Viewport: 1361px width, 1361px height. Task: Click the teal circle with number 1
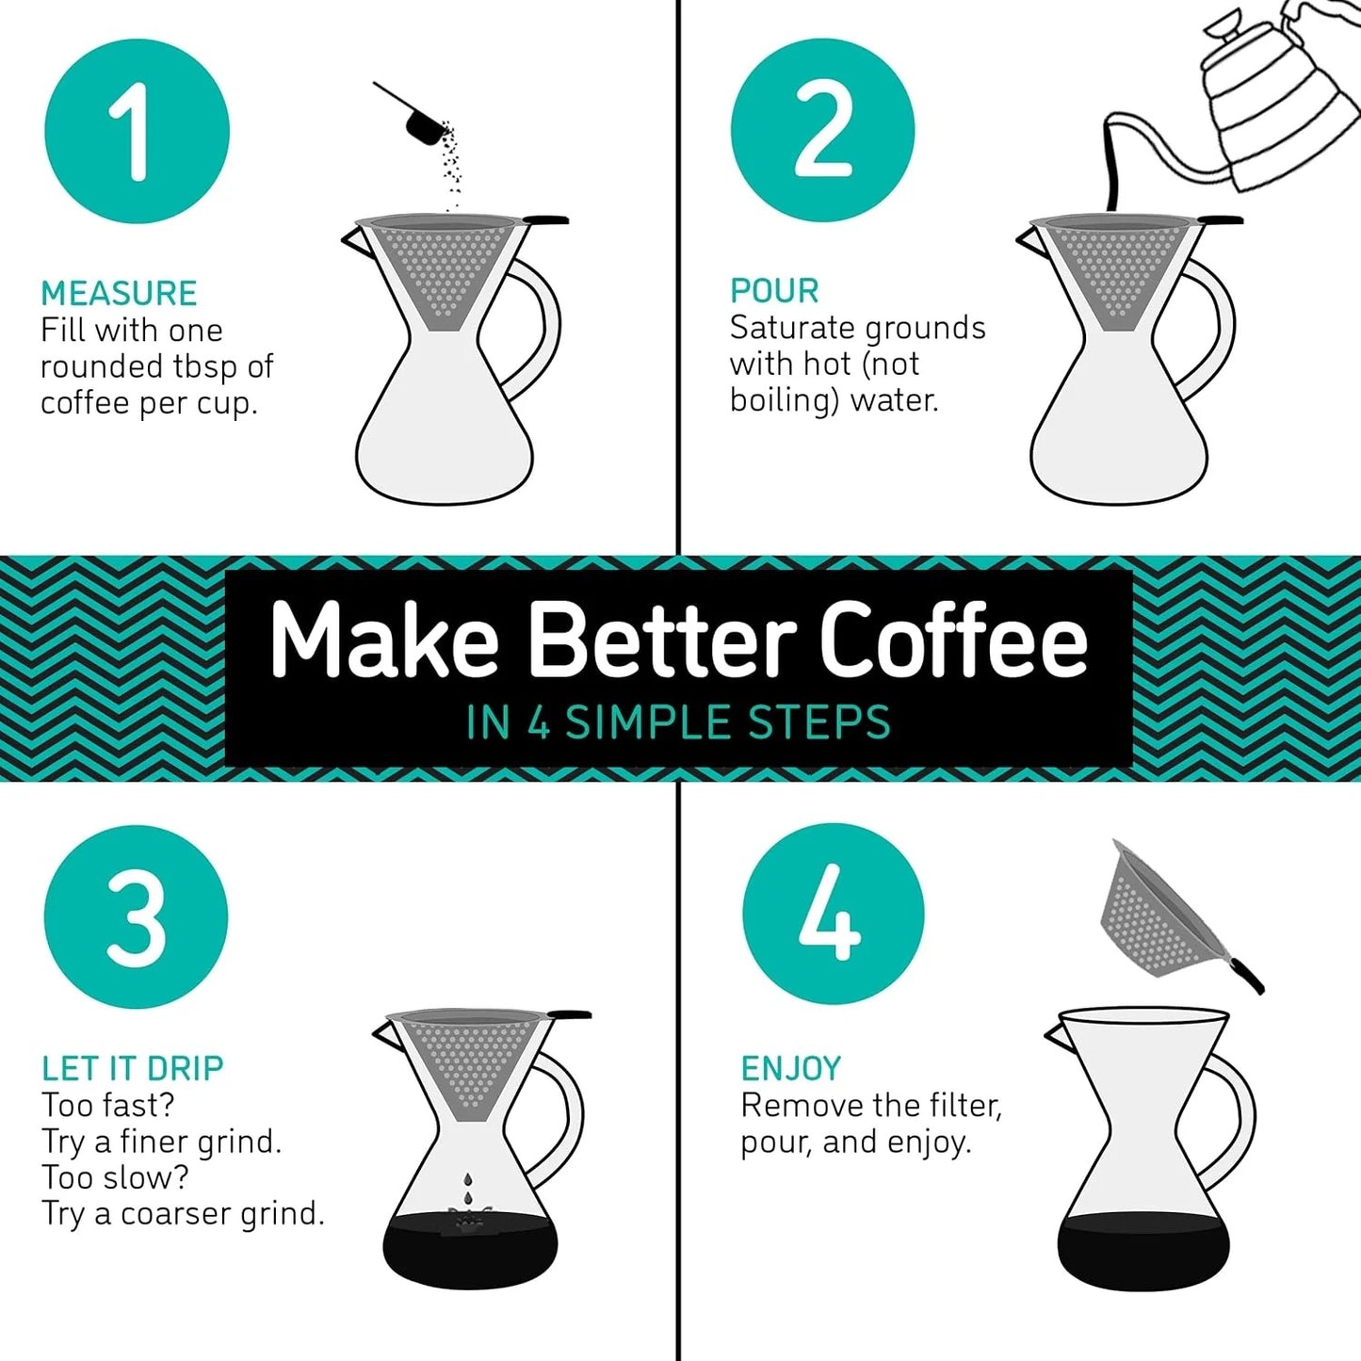coord(138,131)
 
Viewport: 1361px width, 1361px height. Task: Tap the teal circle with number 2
coord(822,131)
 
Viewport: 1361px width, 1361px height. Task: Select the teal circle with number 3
coord(137,917)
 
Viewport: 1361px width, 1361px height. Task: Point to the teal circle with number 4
coord(833,915)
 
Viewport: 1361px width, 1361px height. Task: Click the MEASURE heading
coord(119,294)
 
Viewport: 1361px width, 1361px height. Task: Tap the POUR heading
coord(774,291)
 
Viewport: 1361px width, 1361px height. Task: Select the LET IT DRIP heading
coord(133,1068)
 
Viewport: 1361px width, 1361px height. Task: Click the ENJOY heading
coord(790,1068)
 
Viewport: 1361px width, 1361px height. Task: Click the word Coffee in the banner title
coord(953,640)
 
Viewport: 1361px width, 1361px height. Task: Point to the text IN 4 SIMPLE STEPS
coord(678,723)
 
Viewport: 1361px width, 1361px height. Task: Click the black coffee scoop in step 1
coord(419,122)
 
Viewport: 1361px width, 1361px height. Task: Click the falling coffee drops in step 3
coord(467,1191)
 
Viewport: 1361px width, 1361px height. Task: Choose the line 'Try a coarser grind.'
coord(183,1214)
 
